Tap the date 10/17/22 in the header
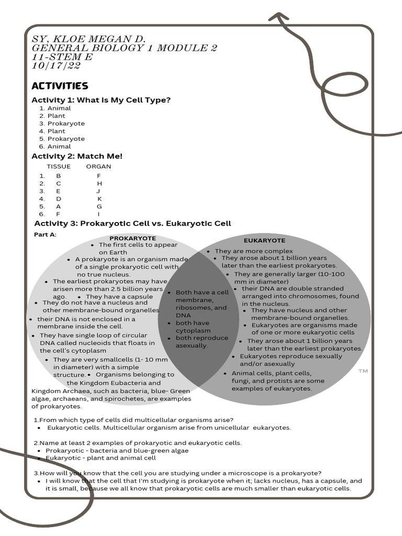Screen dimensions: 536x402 click(x=56, y=66)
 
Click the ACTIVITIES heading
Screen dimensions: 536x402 click(x=60, y=85)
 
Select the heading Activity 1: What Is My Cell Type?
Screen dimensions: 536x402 click(x=101, y=99)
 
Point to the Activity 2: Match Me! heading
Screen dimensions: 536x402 click(x=77, y=155)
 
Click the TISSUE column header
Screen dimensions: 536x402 click(x=59, y=166)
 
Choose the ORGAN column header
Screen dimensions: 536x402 click(x=98, y=166)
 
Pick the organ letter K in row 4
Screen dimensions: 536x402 click(x=99, y=199)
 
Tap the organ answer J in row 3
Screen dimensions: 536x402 click(x=98, y=191)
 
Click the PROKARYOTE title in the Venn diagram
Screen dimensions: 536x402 click(x=132, y=238)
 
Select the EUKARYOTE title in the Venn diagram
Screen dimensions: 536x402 click(x=264, y=240)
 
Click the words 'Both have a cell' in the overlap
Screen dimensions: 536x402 click(x=202, y=292)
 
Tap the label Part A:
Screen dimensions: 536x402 click(x=45, y=234)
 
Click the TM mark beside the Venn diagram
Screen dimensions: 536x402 click(x=363, y=371)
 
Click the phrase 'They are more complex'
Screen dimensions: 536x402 click(x=254, y=251)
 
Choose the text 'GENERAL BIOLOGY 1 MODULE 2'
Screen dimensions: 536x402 click(x=125, y=48)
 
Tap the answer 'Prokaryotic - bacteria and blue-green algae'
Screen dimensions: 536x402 click(x=117, y=450)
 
